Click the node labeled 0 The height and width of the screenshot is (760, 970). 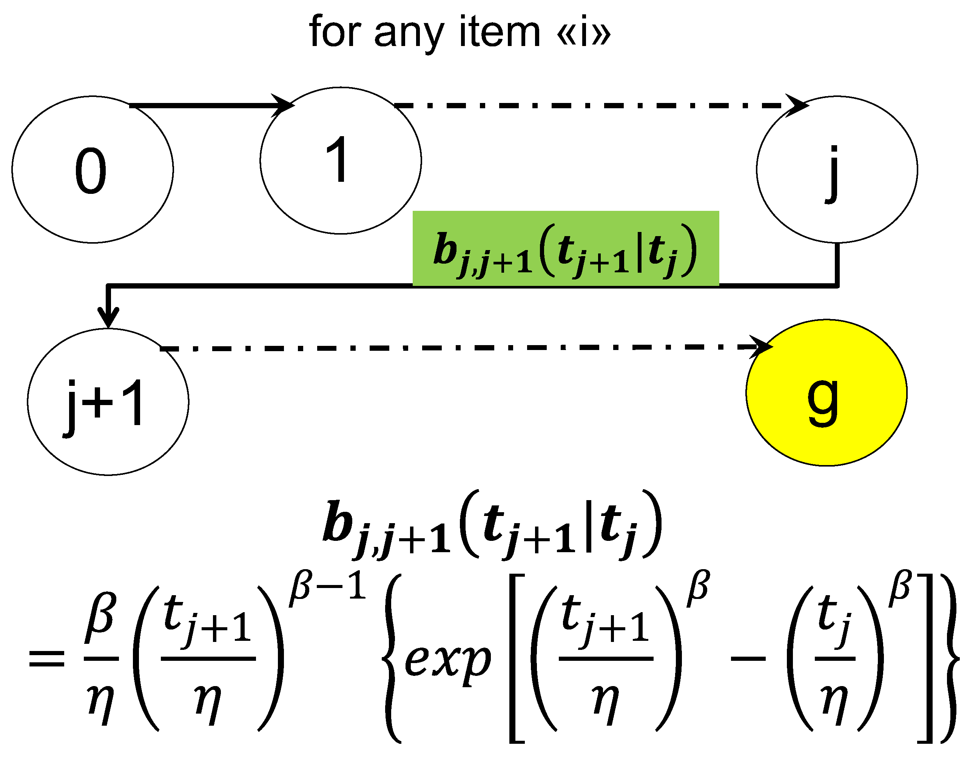[x=92, y=169]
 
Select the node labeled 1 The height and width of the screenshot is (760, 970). [x=340, y=160]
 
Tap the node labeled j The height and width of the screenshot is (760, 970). [x=836, y=169]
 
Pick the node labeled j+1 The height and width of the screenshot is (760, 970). [x=108, y=402]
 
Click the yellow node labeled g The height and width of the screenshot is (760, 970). [x=826, y=393]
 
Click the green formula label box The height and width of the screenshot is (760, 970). [x=565, y=248]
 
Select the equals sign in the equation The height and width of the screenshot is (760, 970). [x=46, y=658]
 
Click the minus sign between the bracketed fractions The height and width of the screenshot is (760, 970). [x=748, y=658]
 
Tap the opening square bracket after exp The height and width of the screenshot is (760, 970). [x=517, y=658]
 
